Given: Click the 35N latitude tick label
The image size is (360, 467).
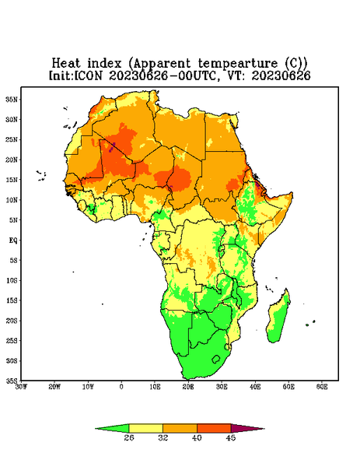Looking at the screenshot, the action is click(12, 99).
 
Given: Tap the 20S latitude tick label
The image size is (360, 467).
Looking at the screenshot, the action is click(12, 321).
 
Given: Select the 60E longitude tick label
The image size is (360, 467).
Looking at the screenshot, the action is click(322, 387).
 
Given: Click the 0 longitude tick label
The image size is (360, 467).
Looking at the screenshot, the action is click(121, 387).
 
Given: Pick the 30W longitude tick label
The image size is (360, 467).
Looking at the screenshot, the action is click(21, 387).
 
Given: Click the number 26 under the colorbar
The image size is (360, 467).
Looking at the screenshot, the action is click(129, 437).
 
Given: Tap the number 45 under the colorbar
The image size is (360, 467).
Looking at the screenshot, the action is click(231, 437).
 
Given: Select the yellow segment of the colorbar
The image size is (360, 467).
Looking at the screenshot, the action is click(145, 428).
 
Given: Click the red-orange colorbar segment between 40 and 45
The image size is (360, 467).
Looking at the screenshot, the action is click(214, 428).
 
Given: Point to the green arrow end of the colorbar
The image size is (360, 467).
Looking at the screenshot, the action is click(112, 428).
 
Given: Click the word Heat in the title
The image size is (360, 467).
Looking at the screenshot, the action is click(66, 64).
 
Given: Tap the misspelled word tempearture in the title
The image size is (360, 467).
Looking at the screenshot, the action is click(237, 65).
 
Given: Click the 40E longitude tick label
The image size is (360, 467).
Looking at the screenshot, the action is click(255, 387).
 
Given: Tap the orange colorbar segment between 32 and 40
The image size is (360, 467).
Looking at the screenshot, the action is click(180, 428).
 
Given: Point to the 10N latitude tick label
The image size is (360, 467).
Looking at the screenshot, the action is click(12, 200).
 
